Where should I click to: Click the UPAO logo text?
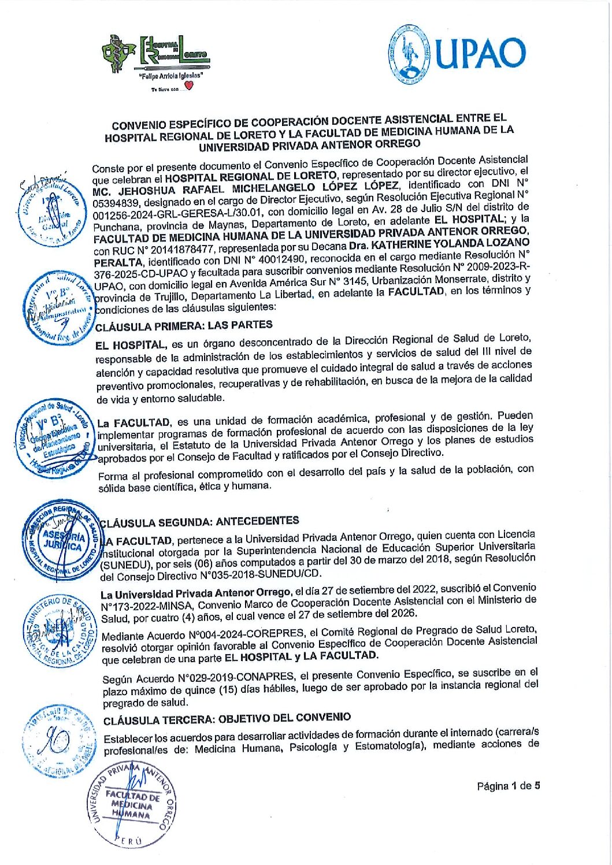coord(480,53)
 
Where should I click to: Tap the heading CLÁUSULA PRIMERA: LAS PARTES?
coord(183,326)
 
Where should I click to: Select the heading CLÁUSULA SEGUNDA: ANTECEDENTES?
coord(199,521)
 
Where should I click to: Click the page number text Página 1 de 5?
coord(509,786)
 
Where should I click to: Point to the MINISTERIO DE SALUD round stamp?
coord(58,630)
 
